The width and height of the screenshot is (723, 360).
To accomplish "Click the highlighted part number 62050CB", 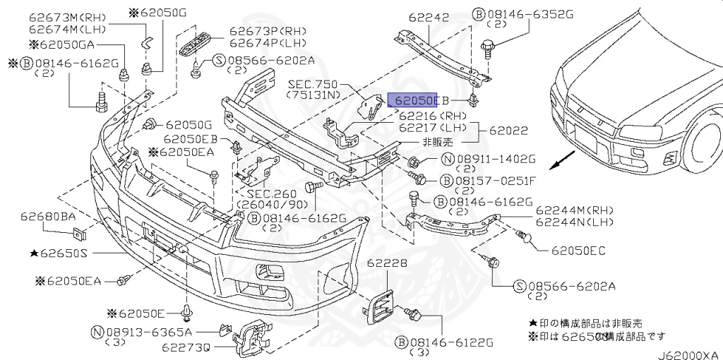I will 412,100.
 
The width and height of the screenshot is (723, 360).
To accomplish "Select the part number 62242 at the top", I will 428,18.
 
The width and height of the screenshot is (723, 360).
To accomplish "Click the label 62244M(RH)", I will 575,210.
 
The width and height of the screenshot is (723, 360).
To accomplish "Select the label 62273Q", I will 186,347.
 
